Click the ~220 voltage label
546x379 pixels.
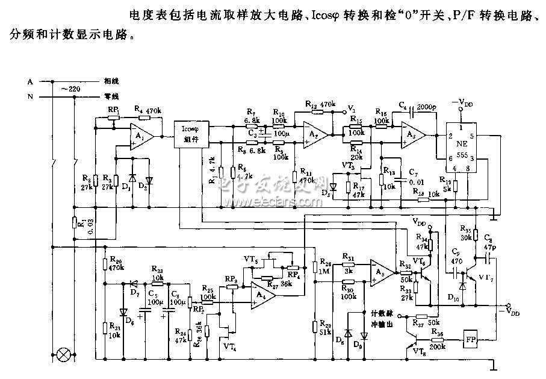(x=72, y=89)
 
